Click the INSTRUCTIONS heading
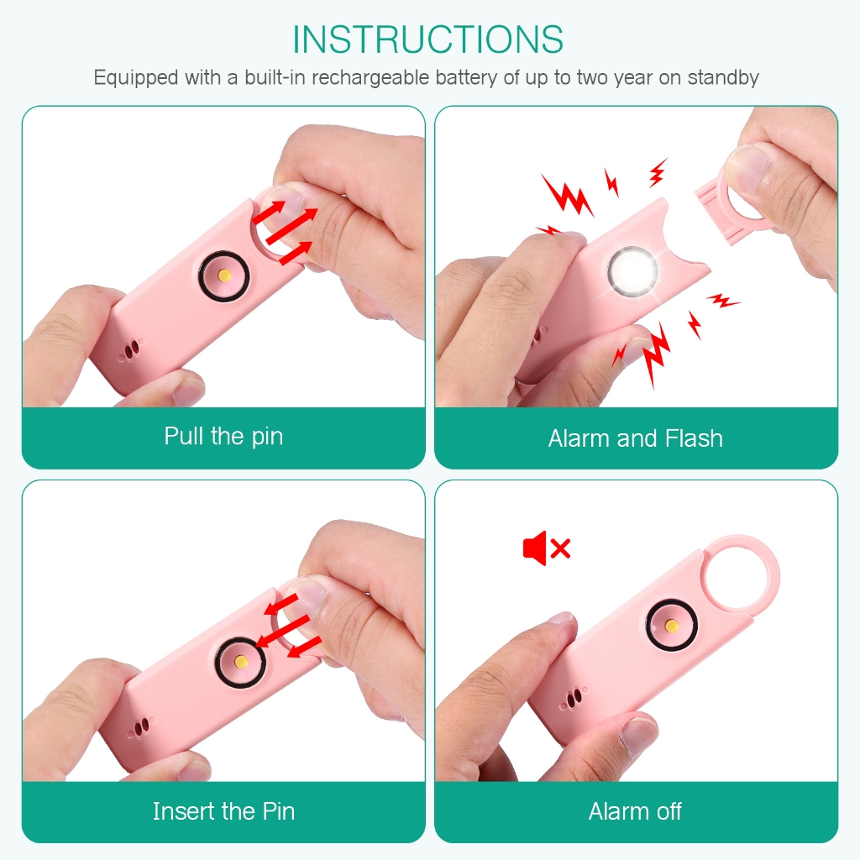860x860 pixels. coord(427,39)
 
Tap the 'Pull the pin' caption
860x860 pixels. coord(223,437)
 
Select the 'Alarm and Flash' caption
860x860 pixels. coord(636,438)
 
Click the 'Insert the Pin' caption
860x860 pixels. coord(223,811)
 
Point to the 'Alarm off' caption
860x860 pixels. coord(635,811)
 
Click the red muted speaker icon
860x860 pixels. coord(547,548)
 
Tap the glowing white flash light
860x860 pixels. coord(632,271)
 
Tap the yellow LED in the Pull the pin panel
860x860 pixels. coord(224,275)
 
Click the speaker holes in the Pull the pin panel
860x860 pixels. coord(132,349)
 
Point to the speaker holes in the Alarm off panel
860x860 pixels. coord(574,698)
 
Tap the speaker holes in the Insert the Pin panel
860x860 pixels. coord(141,726)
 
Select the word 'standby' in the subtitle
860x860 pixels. coord(723,78)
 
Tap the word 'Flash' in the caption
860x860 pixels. coord(694,438)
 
